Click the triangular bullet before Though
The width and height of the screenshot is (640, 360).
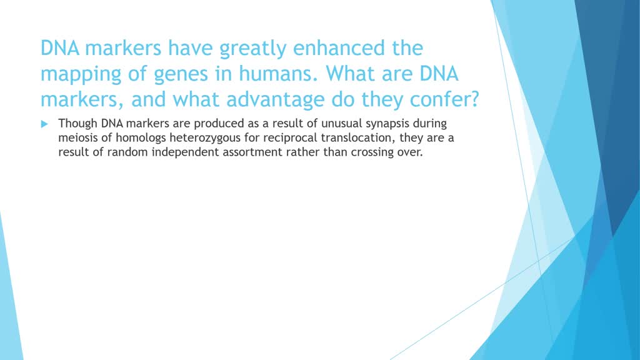tap(44, 124)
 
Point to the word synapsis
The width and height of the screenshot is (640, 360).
tap(415, 123)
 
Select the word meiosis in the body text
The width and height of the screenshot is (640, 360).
tap(77, 137)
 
